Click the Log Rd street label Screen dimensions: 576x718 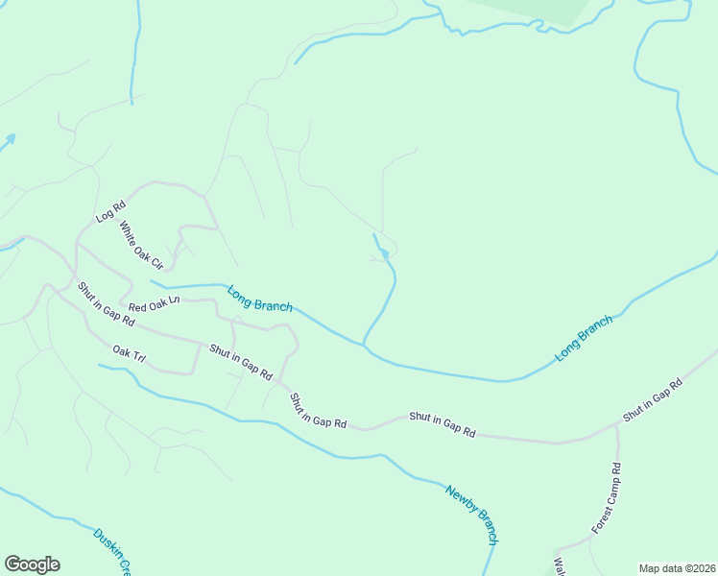(111, 211)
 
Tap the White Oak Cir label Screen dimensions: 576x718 (141, 245)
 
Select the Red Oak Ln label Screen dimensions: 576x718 (154, 305)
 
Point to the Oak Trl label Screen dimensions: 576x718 (129, 354)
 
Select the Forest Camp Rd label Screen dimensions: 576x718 (607, 499)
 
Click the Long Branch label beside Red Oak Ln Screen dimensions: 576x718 (259, 299)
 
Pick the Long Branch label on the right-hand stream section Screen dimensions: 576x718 (583, 339)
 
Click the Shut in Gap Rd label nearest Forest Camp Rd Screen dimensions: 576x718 (652, 400)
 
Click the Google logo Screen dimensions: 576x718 (32, 564)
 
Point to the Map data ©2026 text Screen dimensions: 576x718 (677, 567)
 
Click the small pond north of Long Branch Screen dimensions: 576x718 (384, 253)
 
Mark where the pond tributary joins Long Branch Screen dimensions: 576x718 (364, 344)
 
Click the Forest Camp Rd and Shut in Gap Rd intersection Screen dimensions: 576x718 (615, 422)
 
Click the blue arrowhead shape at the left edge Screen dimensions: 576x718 (9, 140)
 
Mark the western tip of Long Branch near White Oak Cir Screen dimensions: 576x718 (152, 282)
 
